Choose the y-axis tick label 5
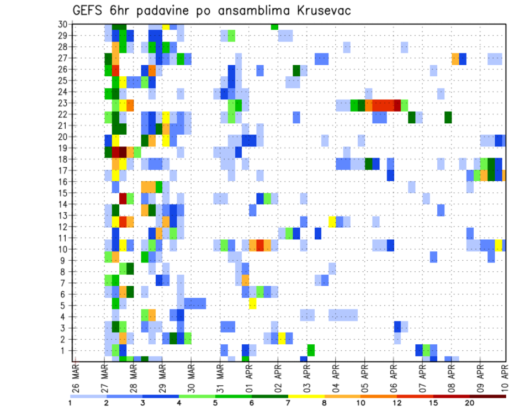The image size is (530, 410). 65,305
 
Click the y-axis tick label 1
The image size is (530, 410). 65,350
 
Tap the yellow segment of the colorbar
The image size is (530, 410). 306,396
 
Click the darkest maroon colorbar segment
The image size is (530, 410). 488,396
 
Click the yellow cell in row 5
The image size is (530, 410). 252,303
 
